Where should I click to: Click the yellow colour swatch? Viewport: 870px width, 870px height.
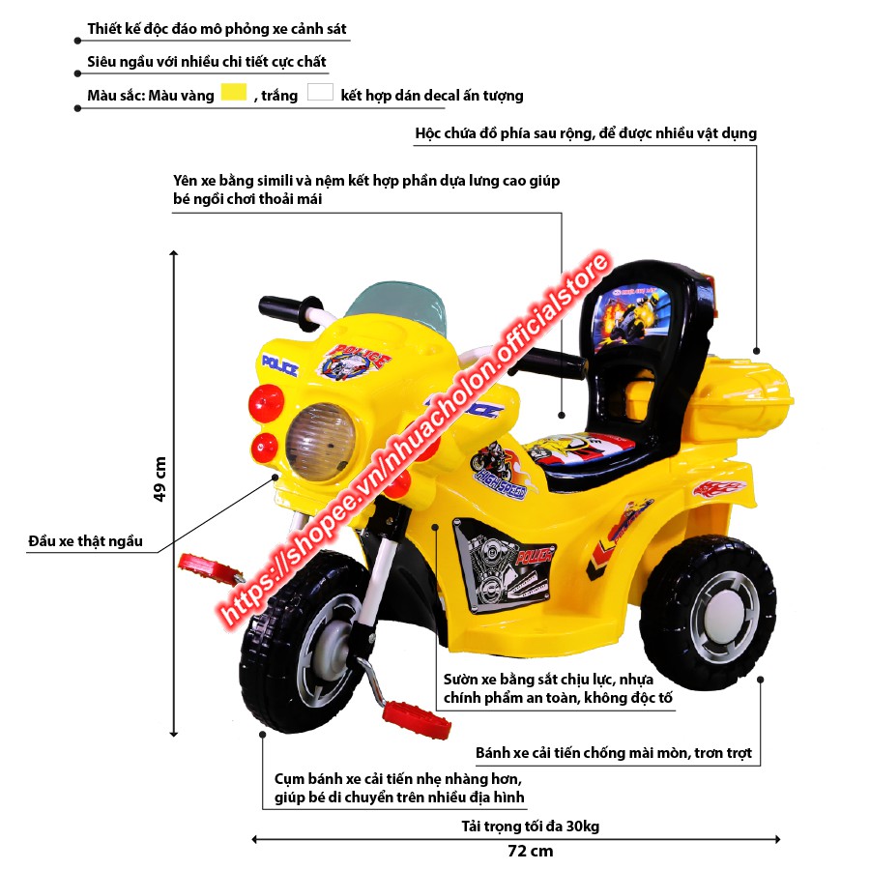pos(235,94)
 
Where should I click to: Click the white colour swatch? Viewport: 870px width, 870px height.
pos(320,94)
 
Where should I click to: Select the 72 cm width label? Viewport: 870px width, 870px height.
pos(531,852)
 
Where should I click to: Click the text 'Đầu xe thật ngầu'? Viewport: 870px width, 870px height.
pos(86,541)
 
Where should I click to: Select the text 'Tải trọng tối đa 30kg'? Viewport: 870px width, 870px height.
pos(530,826)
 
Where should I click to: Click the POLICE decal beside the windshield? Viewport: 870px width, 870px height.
pos(279,365)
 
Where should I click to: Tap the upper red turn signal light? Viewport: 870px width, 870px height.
pos(264,399)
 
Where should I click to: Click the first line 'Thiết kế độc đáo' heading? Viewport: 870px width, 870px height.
pos(217,29)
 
